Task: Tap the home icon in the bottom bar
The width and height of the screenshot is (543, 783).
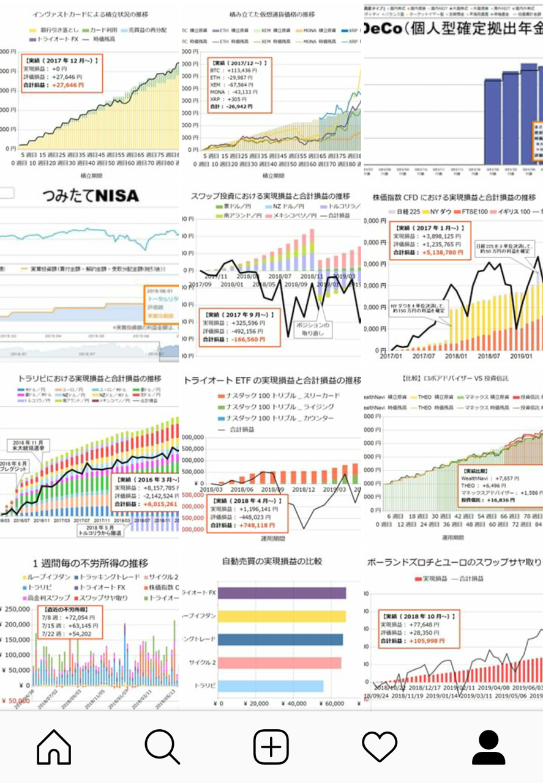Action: [x=54, y=747]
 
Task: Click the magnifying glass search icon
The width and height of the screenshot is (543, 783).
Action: [x=162, y=747]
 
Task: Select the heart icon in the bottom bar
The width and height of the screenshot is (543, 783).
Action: [x=380, y=747]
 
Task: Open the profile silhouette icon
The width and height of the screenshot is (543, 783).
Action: [x=488, y=747]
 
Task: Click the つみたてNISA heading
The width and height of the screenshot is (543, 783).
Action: [x=91, y=196]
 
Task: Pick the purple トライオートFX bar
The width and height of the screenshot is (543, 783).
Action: [x=282, y=593]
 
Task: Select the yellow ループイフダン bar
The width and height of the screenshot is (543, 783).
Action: [x=281, y=616]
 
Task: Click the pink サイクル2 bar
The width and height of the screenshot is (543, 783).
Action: [x=279, y=662]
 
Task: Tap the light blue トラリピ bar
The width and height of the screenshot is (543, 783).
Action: [x=270, y=686]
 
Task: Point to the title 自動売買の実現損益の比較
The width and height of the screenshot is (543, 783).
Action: [x=272, y=561]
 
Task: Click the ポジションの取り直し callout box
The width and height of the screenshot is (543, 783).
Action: [x=316, y=328]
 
